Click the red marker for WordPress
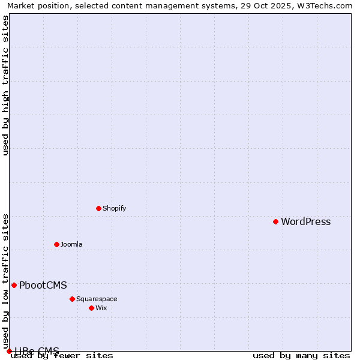[275, 221]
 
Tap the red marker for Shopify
[98, 208]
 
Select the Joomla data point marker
[56, 244]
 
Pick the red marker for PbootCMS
[14, 285]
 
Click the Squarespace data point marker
[72, 299]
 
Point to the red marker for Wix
[91, 308]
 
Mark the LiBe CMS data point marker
[9, 351]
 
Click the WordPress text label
[305, 222]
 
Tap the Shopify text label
[114, 209]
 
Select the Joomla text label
[71, 245]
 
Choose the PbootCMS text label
[43, 286]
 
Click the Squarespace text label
[97, 299]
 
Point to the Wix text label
[101, 308]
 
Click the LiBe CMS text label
[37, 351]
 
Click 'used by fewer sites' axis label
[62, 356]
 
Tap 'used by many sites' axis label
[301, 356]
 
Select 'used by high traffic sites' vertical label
[6, 85]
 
